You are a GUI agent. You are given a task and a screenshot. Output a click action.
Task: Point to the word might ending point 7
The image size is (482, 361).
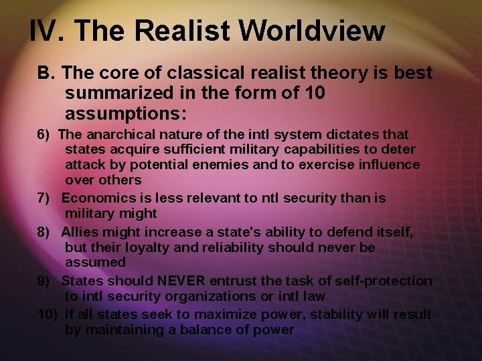pos(137,214)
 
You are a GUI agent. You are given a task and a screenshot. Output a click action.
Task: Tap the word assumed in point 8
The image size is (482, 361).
pos(95,263)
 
